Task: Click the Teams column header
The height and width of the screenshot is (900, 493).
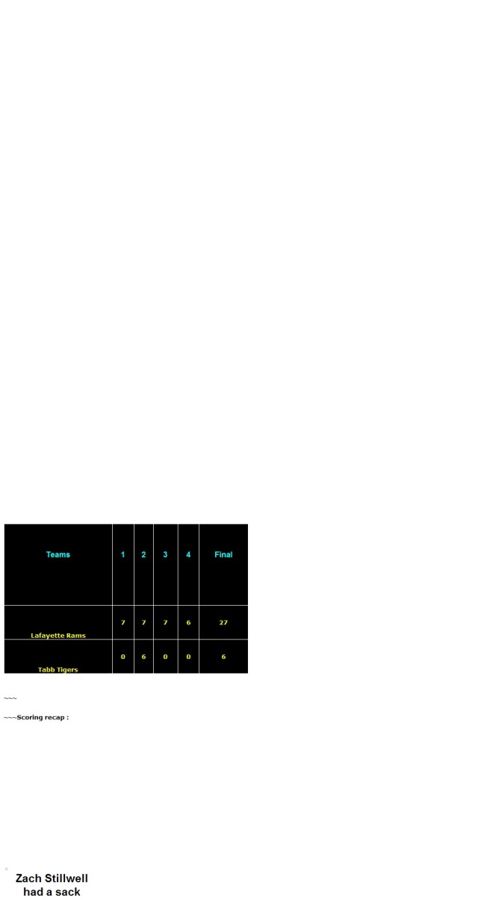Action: pyautogui.click(x=58, y=554)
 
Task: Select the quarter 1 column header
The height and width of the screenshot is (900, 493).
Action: pyautogui.click(x=123, y=554)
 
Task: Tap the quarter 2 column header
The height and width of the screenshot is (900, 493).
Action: pyautogui.click(x=143, y=554)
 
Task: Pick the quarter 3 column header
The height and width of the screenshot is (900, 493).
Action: pyautogui.click(x=165, y=554)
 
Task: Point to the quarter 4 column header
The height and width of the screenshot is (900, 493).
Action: pyautogui.click(x=188, y=554)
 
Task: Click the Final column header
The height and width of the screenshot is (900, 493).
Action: pyautogui.click(x=223, y=554)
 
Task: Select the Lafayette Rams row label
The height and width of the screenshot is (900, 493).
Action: pyautogui.click(x=58, y=635)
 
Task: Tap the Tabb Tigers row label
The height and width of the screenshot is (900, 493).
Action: pyautogui.click(x=58, y=669)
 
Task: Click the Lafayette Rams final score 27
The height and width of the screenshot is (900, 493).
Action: pyautogui.click(x=223, y=622)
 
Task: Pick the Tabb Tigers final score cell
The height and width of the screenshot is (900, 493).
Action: pyautogui.click(x=223, y=657)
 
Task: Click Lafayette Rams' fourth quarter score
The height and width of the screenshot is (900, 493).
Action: pyautogui.click(x=188, y=622)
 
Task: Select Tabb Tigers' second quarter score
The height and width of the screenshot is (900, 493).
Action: pyautogui.click(x=143, y=657)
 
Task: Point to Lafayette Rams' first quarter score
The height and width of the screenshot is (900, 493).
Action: pyautogui.click(x=123, y=622)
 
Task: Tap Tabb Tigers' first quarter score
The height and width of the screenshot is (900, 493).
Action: pyautogui.click(x=123, y=657)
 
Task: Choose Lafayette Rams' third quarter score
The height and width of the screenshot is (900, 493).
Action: pyautogui.click(x=165, y=622)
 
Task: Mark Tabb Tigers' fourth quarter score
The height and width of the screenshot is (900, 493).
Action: pyautogui.click(x=188, y=657)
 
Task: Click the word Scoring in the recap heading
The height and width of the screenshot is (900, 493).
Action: pyautogui.click(x=29, y=718)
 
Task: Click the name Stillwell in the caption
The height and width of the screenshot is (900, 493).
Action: pyautogui.click(x=65, y=878)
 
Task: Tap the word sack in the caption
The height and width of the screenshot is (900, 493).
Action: pyautogui.click(x=67, y=892)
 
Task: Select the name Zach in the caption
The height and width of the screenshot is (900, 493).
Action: pyautogui.click(x=27, y=878)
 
